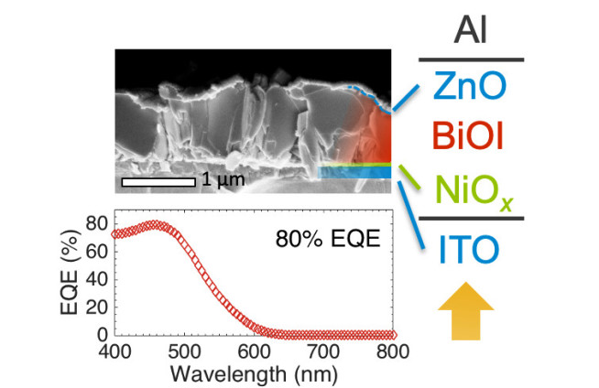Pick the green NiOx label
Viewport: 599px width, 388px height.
[471, 191]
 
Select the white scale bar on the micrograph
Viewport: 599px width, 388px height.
[158, 181]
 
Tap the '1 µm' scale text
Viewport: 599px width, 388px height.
[223, 181]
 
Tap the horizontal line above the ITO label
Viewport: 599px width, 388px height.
[471, 219]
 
